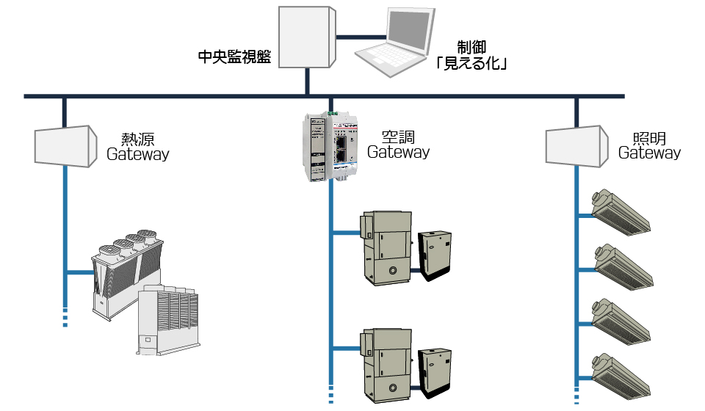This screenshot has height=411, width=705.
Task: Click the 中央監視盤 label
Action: tap(234, 57)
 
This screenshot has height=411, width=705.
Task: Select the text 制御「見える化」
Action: tap(471, 55)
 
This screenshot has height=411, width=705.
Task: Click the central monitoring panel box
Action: tap(307, 37)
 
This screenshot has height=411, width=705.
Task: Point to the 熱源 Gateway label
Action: tap(137, 147)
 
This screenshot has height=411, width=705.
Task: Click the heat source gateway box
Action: tap(65, 146)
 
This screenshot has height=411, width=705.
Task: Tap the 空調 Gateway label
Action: tap(398, 145)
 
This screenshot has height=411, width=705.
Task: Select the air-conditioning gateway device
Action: tap(330, 147)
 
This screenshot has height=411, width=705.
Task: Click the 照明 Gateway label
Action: tap(648, 145)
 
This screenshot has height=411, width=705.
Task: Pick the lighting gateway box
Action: tap(577, 146)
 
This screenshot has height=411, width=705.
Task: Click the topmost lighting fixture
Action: tap(621, 211)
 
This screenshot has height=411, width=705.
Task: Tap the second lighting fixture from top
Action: tap(623, 267)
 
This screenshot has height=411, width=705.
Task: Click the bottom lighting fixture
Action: tap(621, 377)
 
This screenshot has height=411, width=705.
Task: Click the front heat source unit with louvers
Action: tap(168, 320)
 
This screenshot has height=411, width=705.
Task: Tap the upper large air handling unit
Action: tap(386, 248)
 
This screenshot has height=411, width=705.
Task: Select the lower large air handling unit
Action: tap(386, 365)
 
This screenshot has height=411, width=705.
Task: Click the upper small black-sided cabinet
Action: tap(434, 255)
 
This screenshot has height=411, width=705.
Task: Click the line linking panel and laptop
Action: tap(361, 37)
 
